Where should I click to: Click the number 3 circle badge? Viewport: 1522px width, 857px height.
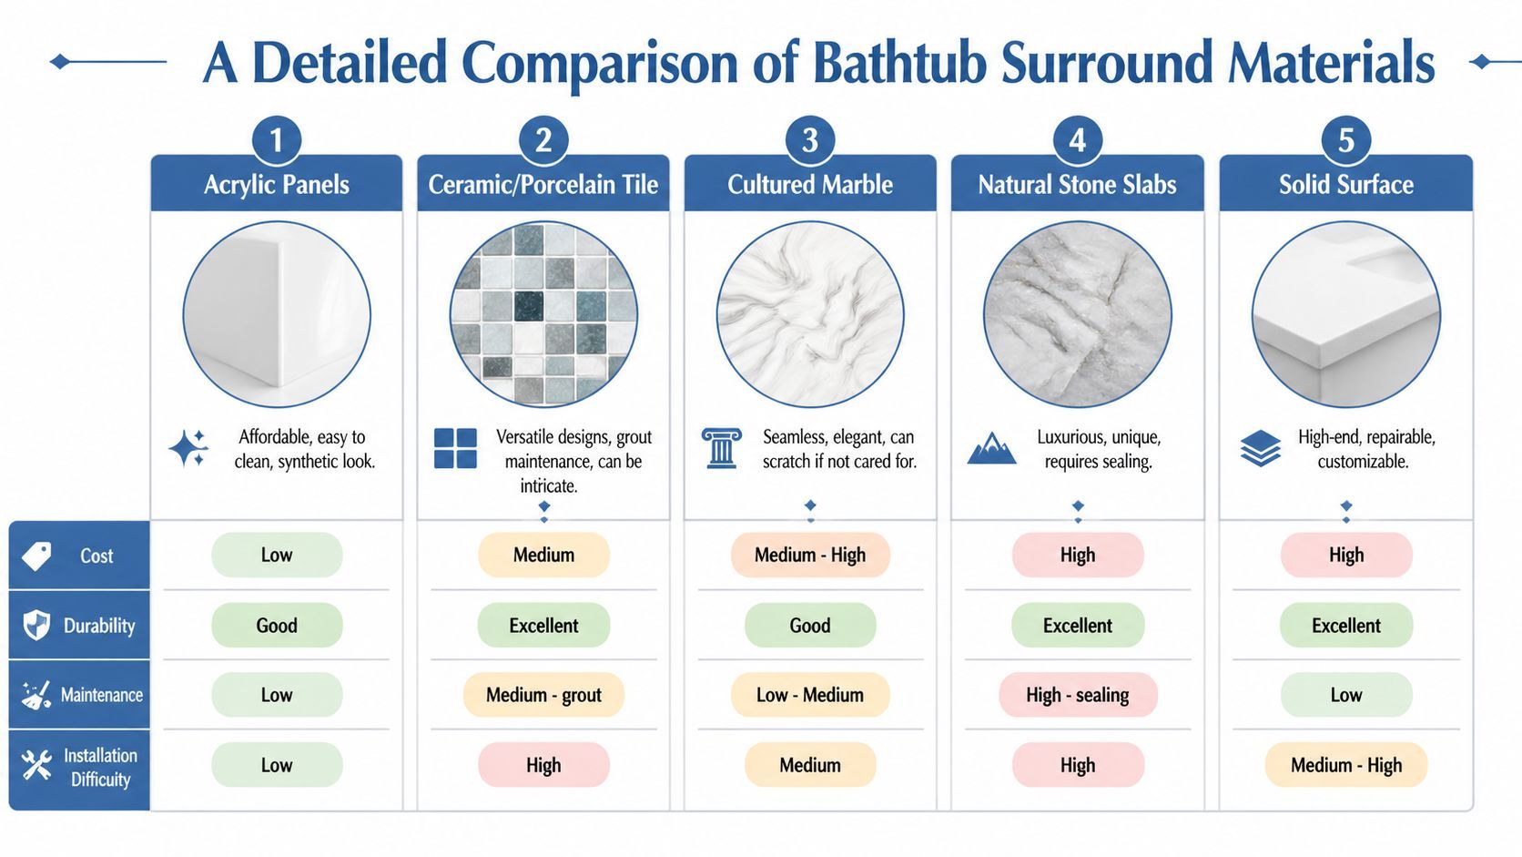[810, 140]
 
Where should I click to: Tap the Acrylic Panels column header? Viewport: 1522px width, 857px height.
[277, 184]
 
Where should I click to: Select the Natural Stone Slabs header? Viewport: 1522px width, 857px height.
[1077, 184]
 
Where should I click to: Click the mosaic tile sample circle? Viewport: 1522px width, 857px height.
[543, 315]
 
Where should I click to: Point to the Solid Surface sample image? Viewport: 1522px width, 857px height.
[1345, 315]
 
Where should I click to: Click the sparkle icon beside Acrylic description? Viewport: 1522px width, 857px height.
[188, 449]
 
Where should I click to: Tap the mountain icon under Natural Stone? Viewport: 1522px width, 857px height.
[991, 448]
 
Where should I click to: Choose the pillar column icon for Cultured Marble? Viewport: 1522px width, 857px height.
[721, 448]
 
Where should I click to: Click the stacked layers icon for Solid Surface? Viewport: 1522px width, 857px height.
[1260, 448]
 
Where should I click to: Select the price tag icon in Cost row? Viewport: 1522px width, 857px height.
[37, 556]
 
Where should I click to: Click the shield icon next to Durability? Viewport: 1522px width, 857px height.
[36, 626]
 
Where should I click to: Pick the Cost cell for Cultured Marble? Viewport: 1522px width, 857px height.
[810, 555]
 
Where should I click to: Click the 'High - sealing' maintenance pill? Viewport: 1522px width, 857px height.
[1077, 695]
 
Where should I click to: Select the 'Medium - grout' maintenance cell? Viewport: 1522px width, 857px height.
[543, 695]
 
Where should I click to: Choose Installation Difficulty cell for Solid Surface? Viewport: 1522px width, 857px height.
[1345, 765]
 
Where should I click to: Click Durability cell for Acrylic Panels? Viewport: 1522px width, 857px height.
[277, 626]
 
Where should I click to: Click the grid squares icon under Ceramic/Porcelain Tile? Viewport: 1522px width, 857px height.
[455, 448]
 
